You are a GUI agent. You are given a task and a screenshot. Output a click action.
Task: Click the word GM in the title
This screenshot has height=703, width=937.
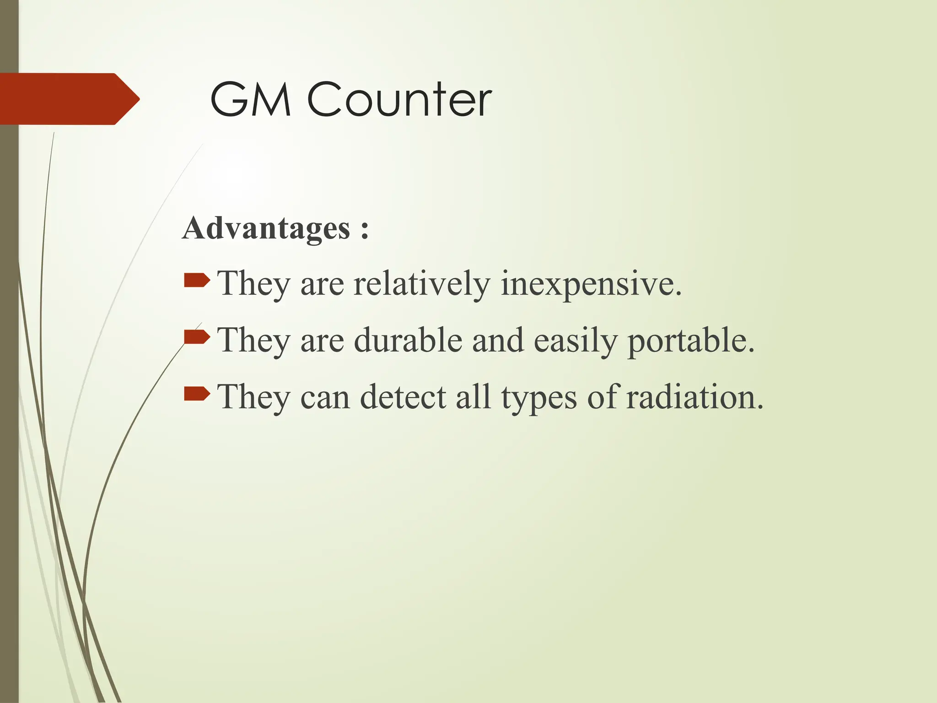250,99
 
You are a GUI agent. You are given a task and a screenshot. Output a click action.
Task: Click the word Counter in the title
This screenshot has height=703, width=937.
399,99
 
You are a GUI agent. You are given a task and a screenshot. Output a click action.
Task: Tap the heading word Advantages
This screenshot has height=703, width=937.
266,228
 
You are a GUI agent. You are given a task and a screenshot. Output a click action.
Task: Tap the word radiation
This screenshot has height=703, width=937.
695,397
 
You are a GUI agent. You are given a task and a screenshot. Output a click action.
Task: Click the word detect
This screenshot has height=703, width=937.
403,397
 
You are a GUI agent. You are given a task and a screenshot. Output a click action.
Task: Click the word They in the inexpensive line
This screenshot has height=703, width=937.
253,284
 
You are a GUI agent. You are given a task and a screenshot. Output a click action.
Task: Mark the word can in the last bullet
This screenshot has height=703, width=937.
325,398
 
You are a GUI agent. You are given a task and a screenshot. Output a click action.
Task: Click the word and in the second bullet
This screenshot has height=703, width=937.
498,341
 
